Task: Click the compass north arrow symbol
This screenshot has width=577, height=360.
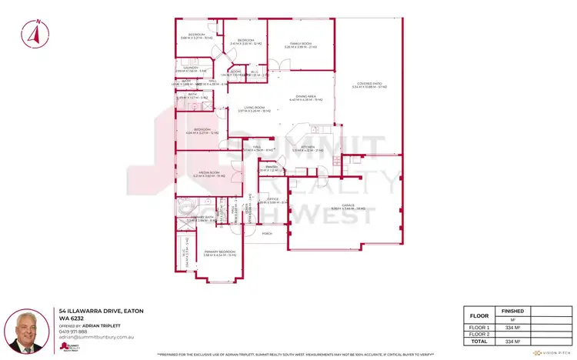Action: pos(32,34)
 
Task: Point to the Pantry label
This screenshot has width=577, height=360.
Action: pos(272,168)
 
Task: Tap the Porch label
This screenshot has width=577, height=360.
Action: pos(268,233)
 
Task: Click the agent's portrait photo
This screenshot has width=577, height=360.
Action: pos(26,332)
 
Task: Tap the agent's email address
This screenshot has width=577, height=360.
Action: pos(98,338)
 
